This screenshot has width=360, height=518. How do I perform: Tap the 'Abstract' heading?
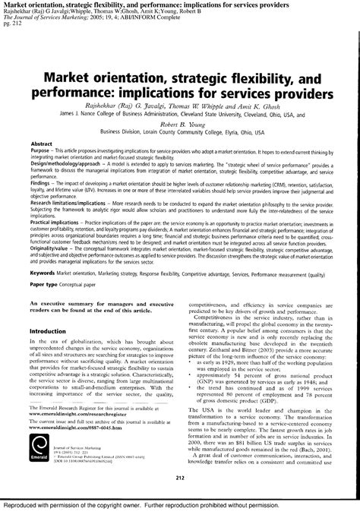pos(42,144)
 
